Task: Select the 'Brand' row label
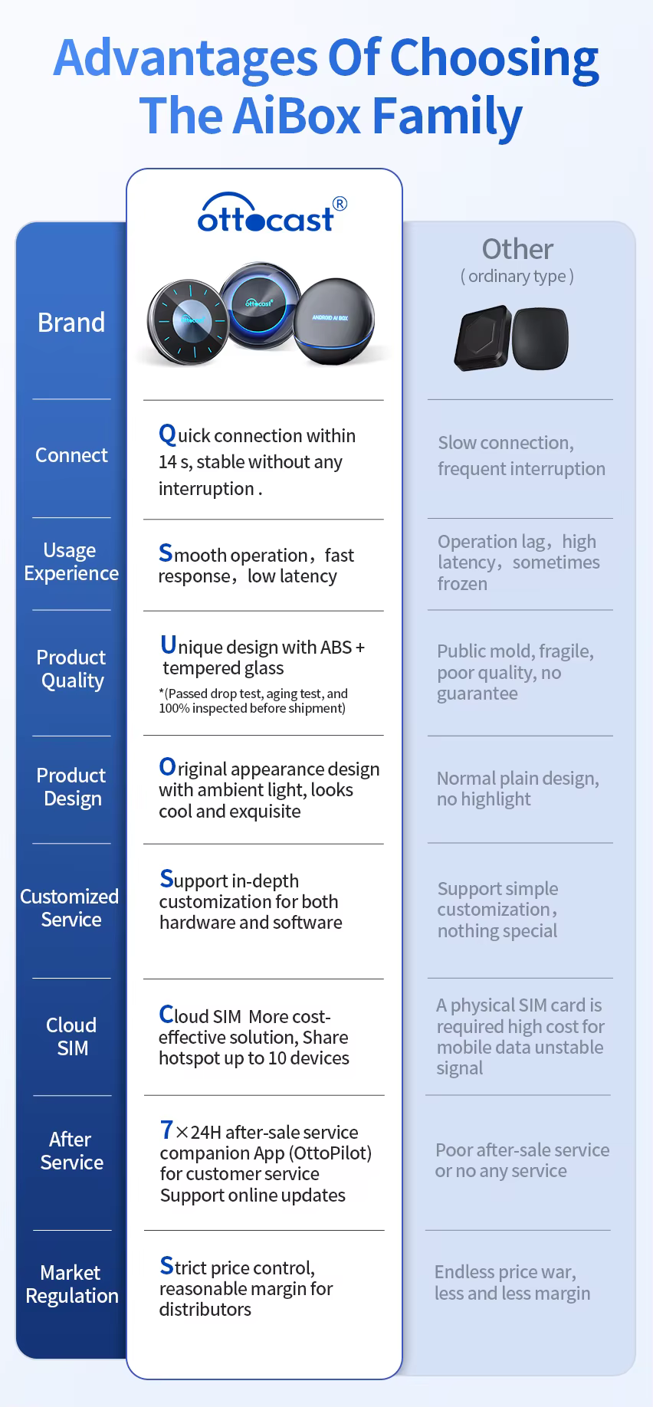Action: coord(71,323)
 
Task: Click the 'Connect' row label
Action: coord(71,455)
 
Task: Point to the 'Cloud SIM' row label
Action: coord(71,1036)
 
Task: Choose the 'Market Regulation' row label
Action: coord(71,1284)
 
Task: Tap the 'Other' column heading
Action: coord(517,249)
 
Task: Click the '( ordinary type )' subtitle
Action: coord(517,276)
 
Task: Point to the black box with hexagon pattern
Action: coord(483,338)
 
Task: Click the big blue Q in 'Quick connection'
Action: coord(167,435)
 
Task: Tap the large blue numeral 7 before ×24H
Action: coord(166,1130)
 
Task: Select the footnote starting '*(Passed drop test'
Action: coord(253,700)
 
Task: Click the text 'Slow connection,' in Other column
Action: coord(506,443)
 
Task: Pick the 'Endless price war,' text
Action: coord(505,1272)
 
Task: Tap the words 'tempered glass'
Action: coord(223,668)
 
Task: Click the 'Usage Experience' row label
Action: coord(71,562)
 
